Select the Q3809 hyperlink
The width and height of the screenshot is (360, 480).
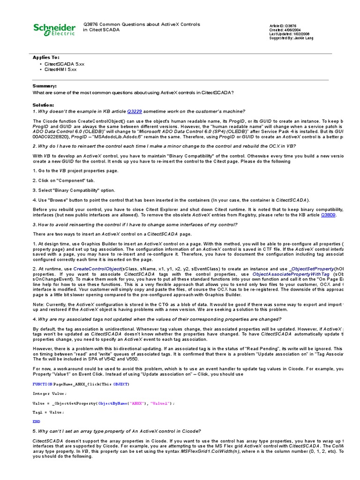point(328,215)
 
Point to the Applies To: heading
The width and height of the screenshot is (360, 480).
point(46,57)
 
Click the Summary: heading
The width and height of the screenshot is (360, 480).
point(44,86)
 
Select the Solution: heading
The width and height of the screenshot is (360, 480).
point(44,105)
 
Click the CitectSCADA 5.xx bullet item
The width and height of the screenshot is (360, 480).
point(64,63)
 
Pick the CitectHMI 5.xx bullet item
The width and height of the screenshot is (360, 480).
point(60,69)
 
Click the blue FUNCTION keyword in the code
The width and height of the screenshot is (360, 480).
point(43,384)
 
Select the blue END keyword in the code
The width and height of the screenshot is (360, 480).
point(36,421)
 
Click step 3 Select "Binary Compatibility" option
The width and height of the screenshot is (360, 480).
point(74,190)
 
